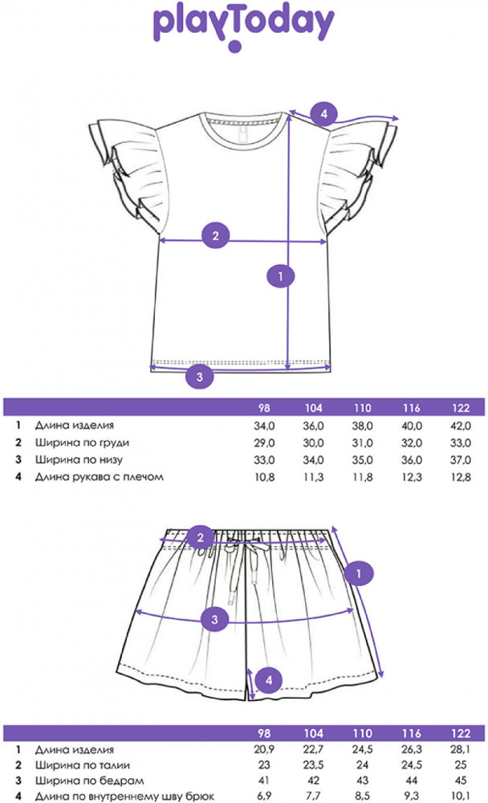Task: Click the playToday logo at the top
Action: pos(244,26)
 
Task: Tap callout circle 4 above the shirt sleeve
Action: pos(323,114)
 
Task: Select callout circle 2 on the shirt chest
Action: pos(215,235)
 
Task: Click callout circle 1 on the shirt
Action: pos(280,276)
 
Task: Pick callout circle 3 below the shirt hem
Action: pos(200,377)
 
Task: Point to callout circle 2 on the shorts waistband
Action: pos(200,537)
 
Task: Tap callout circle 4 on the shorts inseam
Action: pos(269,680)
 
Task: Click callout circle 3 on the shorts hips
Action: pos(214,620)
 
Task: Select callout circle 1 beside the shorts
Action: pos(359,573)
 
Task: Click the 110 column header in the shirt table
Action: pos(363,408)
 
